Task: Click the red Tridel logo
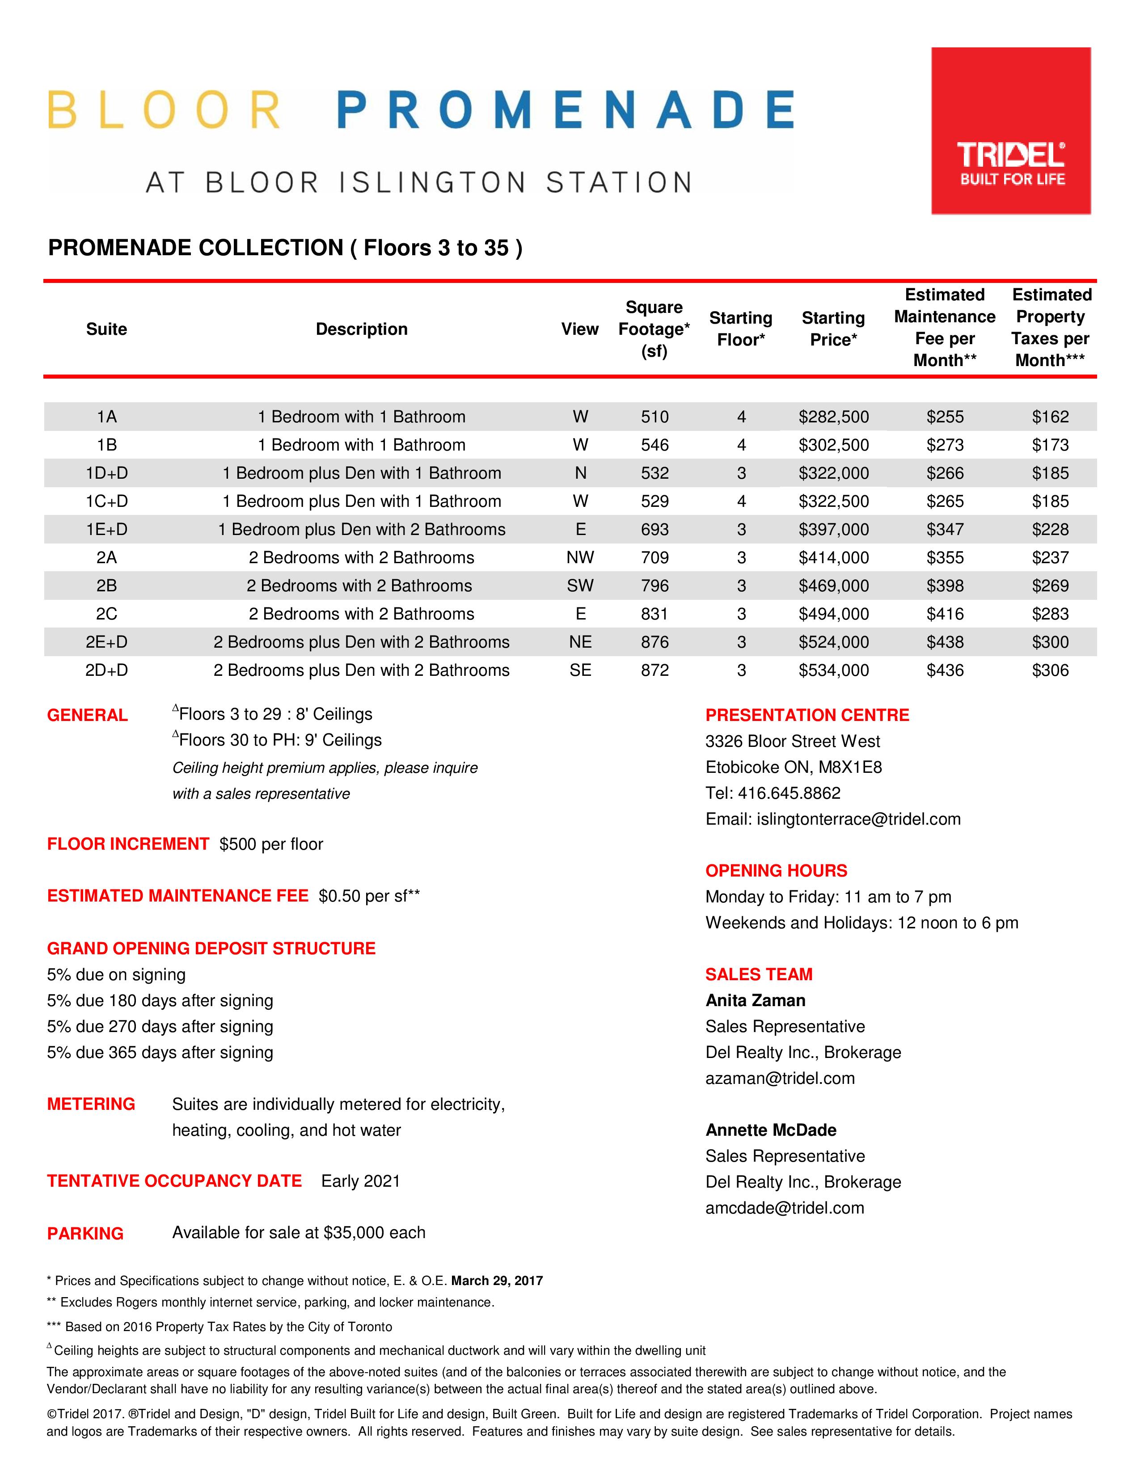point(1010,131)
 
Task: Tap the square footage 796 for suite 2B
point(654,586)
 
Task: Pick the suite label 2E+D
point(107,642)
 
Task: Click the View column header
point(579,329)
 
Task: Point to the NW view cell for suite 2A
point(580,558)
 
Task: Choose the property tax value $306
point(1050,670)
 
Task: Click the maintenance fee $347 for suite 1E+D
point(944,530)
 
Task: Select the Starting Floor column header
point(740,329)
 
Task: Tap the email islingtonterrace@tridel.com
point(858,819)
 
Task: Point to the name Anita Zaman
point(755,1000)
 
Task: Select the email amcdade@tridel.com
point(785,1208)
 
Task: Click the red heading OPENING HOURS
point(776,871)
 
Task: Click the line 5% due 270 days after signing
point(160,1027)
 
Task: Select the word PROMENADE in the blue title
point(565,110)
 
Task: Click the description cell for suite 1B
point(361,445)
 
